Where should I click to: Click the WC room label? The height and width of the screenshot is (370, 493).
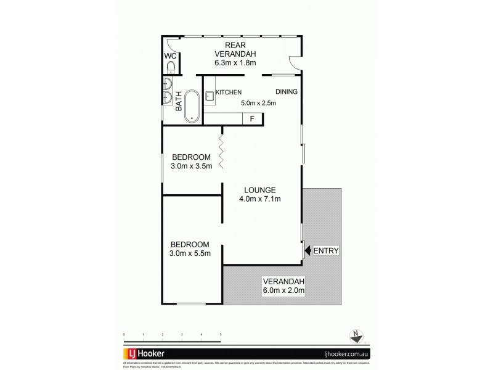click(x=170, y=55)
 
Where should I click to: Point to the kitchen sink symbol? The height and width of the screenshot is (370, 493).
click(x=210, y=95)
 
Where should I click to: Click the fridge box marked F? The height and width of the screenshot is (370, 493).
click(x=252, y=119)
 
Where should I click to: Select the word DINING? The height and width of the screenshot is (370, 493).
click(x=286, y=92)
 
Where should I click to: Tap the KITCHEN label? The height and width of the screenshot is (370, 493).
click(x=228, y=92)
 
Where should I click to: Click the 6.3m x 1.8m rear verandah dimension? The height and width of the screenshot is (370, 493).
click(x=235, y=62)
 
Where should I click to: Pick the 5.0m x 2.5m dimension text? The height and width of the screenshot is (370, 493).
click(x=258, y=103)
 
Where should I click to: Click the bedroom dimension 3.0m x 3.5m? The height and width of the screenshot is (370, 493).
click(x=192, y=166)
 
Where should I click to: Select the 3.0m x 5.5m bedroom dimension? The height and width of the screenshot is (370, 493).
click(x=190, y=253)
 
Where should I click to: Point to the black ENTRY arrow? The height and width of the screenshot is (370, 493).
click(x=308, y=251)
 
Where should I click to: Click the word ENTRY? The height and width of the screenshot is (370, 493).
click(x=327, y=251)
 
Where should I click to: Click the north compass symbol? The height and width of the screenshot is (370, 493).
click(x=356, y=335)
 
